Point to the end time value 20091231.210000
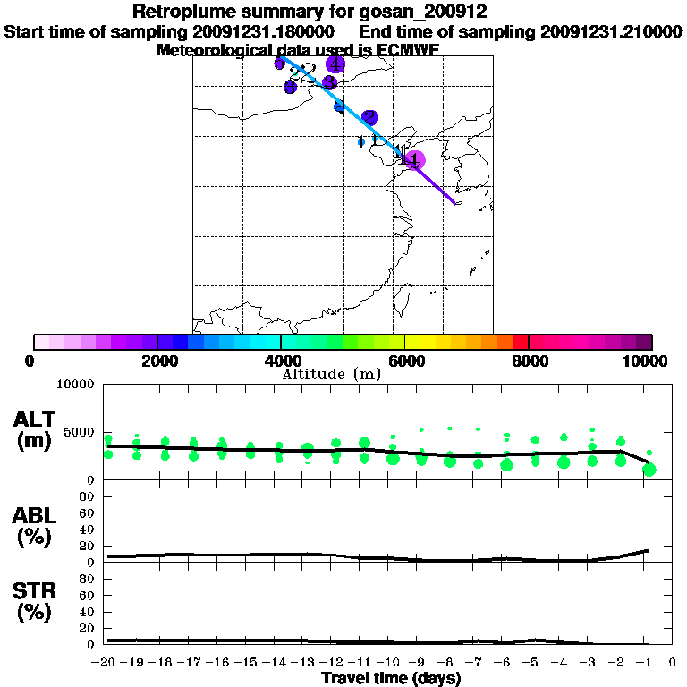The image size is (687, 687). coord(611,31)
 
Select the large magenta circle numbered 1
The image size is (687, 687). coord(415,161)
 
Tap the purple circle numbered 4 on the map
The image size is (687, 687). coord(335,64)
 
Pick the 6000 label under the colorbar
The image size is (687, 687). coord(405,360)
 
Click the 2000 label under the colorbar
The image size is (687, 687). coord(157,360)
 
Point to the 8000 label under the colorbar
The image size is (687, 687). coord(529,360)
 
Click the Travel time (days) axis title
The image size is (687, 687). coord(391,678)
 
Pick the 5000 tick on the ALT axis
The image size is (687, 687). coord(81,432)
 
